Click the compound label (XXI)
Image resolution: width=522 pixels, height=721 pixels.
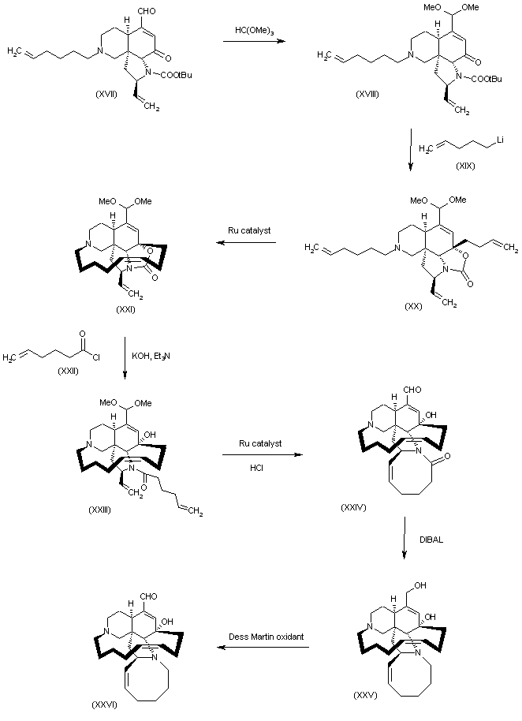(122, 311)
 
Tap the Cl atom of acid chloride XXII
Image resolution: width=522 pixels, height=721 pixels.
(99, 352)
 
